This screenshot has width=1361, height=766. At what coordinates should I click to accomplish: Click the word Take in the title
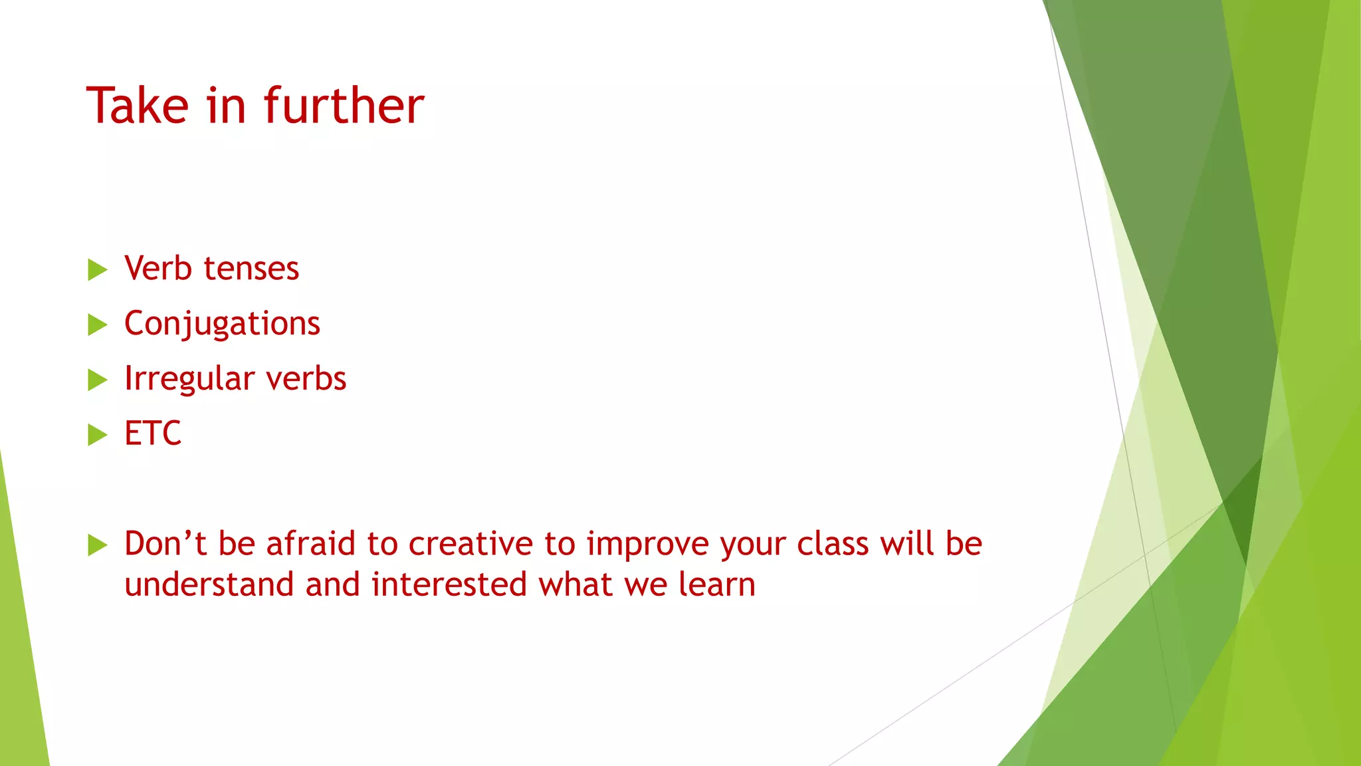pos(138,106)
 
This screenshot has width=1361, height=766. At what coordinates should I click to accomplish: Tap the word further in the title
pos(344,106)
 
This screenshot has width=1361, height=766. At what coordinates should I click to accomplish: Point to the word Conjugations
pos(222,324)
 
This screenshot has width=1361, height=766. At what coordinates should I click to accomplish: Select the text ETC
pos(153,434)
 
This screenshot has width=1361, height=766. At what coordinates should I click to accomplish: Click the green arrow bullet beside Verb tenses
pos(97,270)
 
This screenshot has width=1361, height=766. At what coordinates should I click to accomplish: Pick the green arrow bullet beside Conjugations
pos(97,325)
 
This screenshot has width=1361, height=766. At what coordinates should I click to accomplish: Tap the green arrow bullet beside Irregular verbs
pos(97,380)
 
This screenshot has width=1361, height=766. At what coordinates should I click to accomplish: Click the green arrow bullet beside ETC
pos(97,435)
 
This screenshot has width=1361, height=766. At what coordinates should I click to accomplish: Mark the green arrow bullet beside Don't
pos(97,545)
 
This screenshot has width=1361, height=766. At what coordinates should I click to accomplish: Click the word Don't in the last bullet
pos(165,543)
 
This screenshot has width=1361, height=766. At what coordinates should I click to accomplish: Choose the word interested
pos(449,584)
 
